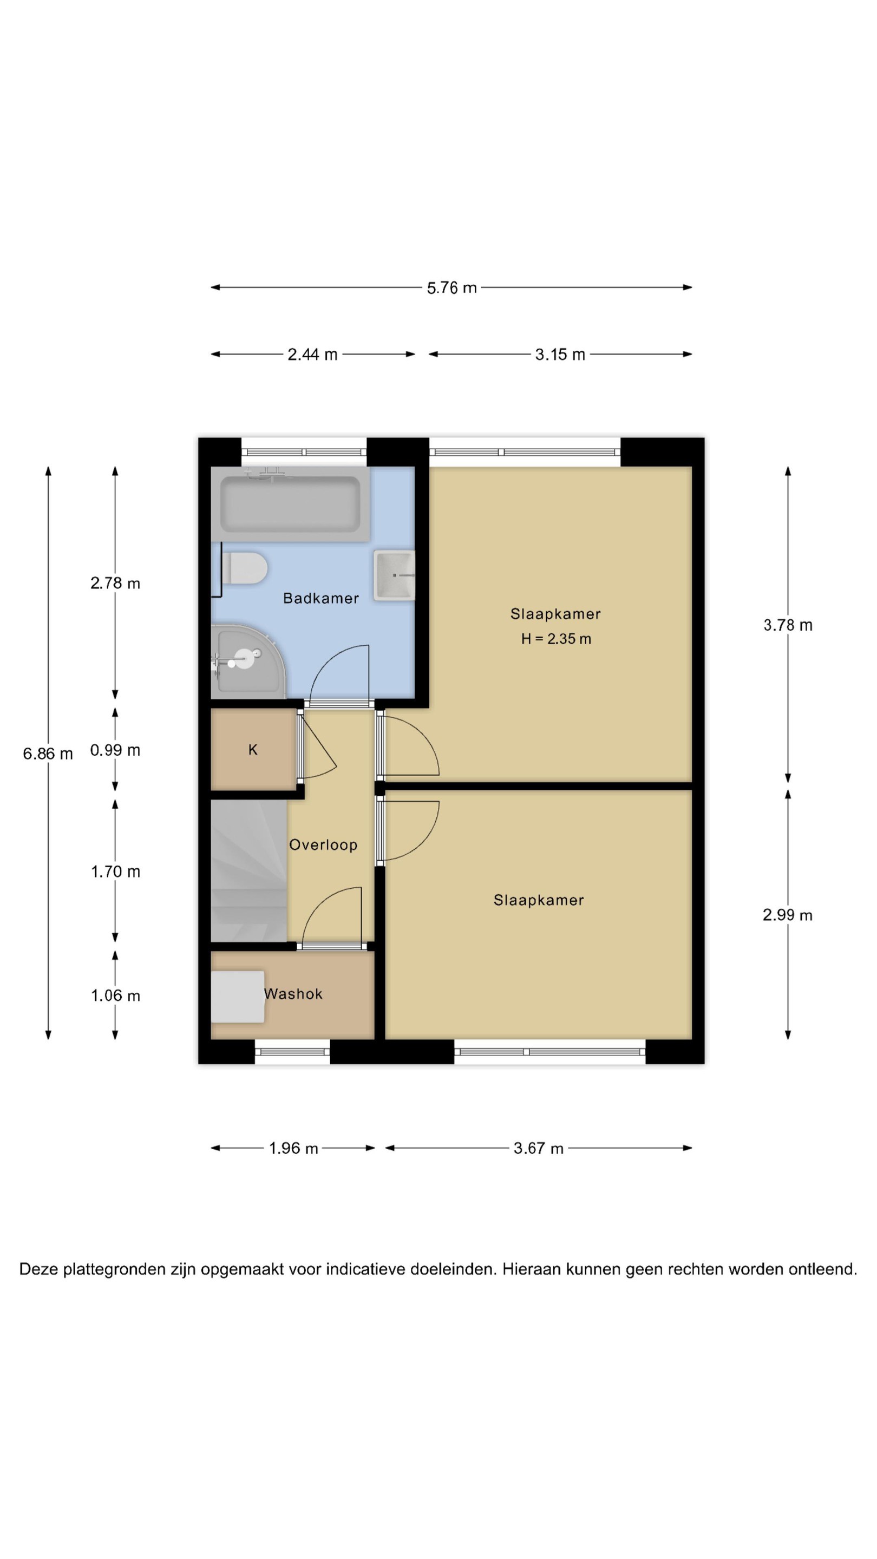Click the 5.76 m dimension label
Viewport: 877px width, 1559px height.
[451, 287]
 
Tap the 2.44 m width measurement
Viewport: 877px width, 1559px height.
[312, 354]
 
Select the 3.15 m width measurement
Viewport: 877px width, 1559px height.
[560, 354]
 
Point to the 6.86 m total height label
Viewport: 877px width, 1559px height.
[48, 754]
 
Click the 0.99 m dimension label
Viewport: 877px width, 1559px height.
[115, 750]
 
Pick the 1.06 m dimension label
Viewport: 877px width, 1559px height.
[115, 995]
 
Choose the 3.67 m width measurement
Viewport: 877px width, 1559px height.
[538, 1148]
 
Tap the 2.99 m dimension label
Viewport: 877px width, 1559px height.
[788, 914]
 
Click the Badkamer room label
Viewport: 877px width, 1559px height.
[321, 598]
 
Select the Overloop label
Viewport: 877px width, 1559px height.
[323, 845]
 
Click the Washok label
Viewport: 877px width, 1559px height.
[293, 994]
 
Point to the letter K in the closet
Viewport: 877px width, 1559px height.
[253, 750]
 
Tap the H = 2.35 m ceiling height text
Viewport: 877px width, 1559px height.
[556, 639]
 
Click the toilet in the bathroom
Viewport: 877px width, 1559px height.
[245, 568]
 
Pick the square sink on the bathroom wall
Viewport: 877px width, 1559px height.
[394, 575]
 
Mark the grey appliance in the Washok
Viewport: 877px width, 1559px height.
[238, 997]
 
